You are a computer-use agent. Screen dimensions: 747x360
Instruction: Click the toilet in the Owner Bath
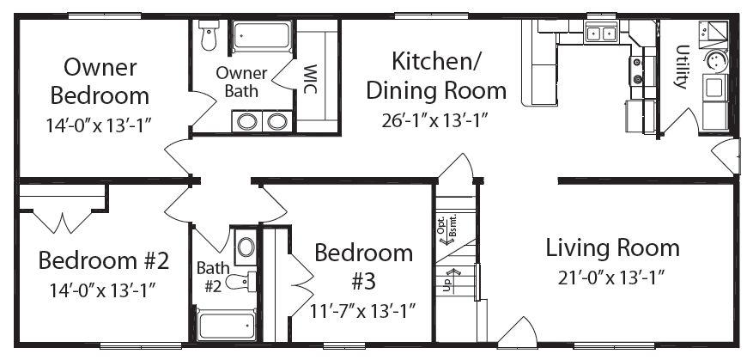tap(208, 35)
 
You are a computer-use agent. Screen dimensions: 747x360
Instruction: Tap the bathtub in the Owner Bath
tap(262, 35)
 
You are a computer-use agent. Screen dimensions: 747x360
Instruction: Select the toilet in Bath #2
tap(240, 281)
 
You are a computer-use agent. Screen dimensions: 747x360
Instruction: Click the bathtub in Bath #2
tap(227, 326)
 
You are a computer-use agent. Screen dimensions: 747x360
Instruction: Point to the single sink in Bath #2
tap(246, 247)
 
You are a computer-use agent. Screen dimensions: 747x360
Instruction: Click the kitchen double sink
tap(601, 33)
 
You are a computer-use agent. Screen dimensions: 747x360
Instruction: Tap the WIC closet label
tap(310, 79)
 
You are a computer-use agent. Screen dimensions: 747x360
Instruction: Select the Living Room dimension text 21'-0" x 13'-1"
tap(611, 278)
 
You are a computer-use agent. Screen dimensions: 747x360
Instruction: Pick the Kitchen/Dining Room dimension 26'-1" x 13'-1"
tap(435, 120)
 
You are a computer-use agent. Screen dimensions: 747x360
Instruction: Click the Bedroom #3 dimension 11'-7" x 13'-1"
tap(363, 311)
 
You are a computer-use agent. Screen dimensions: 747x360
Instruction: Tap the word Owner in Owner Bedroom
tap(100, 67)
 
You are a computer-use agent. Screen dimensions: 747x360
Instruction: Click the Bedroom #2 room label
tap(104, 260)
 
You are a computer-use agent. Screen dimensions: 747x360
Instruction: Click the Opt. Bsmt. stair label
tap(446, 229)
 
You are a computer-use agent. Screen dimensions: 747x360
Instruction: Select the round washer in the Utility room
tap(715, 60)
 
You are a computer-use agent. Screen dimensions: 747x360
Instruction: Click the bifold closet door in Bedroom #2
tap(63, 221)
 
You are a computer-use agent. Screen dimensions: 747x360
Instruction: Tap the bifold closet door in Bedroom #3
tap(301, 277)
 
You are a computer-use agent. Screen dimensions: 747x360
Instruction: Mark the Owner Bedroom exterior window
tap(105, 16)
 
